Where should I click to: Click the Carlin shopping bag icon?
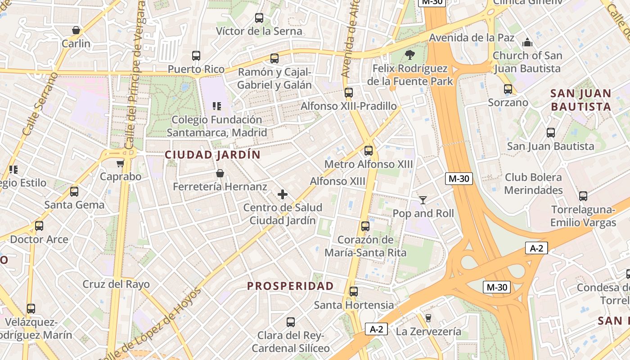(76, 30)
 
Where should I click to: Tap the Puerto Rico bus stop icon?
(196, 56)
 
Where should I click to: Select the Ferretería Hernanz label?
(220, 186)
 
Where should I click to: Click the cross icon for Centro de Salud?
(283, 194)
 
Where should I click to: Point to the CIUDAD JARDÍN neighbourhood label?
(212, 155)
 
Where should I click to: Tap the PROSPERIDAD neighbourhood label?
(291, 286)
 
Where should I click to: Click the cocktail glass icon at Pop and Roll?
(423, 200)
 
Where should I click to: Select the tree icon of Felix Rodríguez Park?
(409, 55)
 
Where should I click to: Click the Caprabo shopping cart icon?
(120, 163)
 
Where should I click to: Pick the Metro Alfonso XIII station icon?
(369, 151)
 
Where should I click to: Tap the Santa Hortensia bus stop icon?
(354, 292)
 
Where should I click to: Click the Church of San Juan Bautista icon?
(527, 43)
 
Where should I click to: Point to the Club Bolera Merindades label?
(533, 184)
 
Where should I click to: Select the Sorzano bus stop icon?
(508, 89)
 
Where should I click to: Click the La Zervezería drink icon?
(428, 318)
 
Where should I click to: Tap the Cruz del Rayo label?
(116, 284)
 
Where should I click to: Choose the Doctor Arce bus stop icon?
(39, 226)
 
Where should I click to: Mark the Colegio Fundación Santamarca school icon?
(217, 106)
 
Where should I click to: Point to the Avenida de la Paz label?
(472, 37)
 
